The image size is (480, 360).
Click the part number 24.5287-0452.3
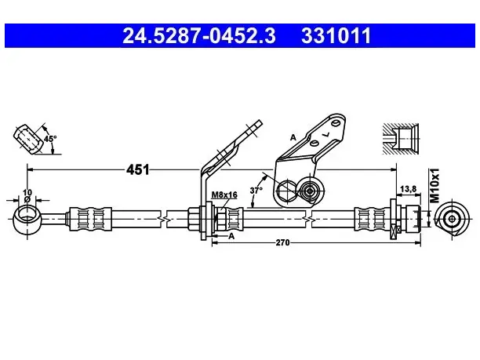coord(199,35)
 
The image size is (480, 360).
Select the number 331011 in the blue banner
coord(336,35)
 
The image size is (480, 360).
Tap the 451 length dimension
coord(138,169)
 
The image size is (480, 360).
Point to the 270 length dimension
coord(282,243)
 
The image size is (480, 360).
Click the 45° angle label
coord(50,139)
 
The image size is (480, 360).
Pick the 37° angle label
coord(256,191)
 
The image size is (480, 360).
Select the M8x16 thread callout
coord(224,195)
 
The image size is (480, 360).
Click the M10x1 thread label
coord(435,186)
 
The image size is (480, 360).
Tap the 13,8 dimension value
coord(409,189)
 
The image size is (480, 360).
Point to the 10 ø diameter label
coord(27,195)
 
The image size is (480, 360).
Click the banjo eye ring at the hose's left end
coord(27,219)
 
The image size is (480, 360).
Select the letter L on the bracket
coord(327,134)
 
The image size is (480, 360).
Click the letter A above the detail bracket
coord(293,137)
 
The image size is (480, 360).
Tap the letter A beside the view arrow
coord(231,236)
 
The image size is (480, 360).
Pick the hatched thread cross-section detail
coord(401,139)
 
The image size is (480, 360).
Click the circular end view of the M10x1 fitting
coord(452,219)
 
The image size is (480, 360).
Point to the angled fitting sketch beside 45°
coord(28,139)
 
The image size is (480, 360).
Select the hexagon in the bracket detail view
coord(287,191)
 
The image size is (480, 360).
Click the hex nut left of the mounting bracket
coord(193,219)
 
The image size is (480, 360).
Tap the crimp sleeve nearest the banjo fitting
coord(90,219)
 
